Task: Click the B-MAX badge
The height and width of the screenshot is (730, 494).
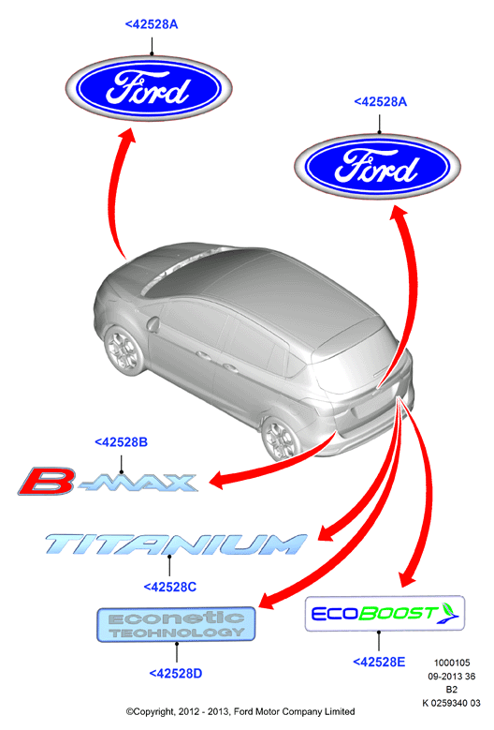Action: click(x=108, y=481)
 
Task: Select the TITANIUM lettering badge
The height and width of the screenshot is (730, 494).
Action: click(x=176, y=544)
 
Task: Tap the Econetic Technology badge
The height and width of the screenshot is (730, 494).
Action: click(x=176, y=624)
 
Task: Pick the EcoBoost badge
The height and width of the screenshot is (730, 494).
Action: click(x=385, y=613)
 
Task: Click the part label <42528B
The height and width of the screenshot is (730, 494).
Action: click(x=121, y=441)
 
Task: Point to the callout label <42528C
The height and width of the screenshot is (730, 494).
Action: click(x=169, y=587)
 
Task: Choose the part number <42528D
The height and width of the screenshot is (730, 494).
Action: click(x=176, y=673)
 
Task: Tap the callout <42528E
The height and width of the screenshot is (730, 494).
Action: click(x=379, y=662)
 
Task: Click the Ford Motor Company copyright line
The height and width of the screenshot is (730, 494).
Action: click(x=240, y=711)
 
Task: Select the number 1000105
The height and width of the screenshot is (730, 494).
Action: click(x=452, y=663)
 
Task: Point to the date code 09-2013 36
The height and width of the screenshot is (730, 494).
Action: click(x=452, y=676)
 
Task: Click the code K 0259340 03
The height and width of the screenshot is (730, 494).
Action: click(x=451, y=703)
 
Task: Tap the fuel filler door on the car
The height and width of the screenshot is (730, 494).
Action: click(x=153, y=324)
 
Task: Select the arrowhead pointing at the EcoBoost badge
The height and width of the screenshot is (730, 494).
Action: click(x=408, y=580)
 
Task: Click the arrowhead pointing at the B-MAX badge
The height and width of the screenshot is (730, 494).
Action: click(x=218, y=480)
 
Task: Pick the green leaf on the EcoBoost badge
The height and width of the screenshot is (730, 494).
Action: click(x=448, y=609)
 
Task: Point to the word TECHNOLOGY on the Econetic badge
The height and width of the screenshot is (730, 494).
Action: click(x=177, y=633)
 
